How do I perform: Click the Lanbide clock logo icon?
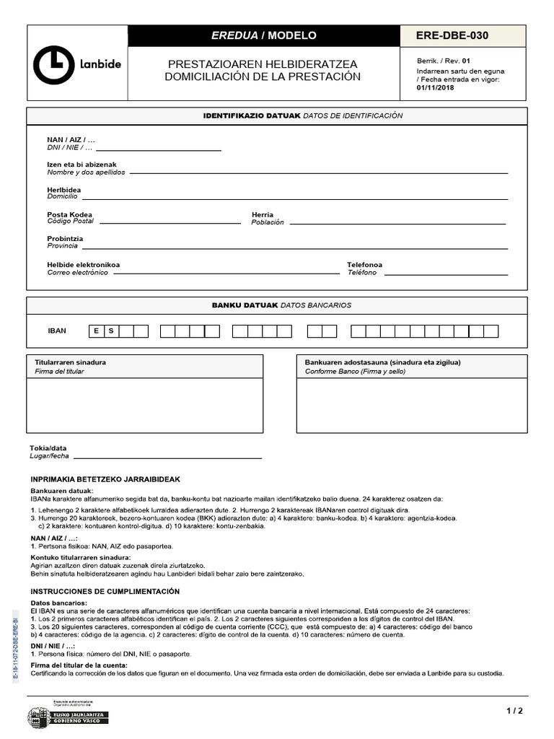(x=53, y=65)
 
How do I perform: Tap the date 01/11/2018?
(x=435, y=88)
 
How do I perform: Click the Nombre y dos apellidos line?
(x=317, y=172)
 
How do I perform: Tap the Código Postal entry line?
(x=170, y=222)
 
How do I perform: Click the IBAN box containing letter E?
(x=96, y=331)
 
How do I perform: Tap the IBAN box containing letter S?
(x=111, y=331)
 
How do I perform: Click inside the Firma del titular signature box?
(x=144, y=406)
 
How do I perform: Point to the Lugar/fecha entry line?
(x=167, y=458)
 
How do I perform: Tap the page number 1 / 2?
(x=514, y=711)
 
